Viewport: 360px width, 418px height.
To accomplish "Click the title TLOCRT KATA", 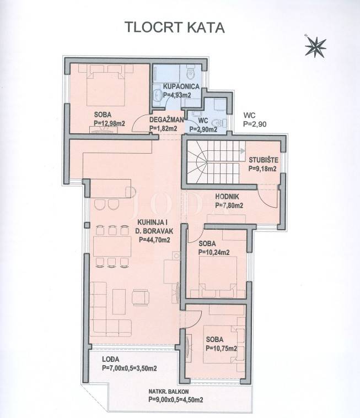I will point(175,28).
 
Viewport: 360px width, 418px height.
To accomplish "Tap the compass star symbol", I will point(316,46).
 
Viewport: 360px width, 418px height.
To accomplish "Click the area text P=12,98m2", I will point(109,123).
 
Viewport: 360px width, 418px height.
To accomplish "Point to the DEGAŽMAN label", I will point(165,121).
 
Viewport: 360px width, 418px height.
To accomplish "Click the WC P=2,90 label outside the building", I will point(254,120).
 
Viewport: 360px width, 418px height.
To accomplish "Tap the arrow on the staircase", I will point(241,149).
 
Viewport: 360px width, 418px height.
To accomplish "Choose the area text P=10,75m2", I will point(221,348).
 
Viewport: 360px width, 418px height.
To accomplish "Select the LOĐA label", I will point(109,361).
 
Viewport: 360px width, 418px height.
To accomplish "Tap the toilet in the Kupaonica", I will point(190,72).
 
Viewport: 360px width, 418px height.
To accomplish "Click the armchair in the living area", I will point(140,298).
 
